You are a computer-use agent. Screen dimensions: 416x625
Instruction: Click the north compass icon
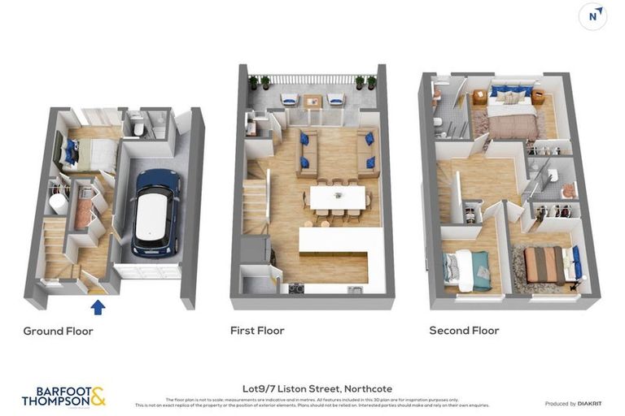click(592, 16)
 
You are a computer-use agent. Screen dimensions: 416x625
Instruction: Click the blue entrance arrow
click(98, 306)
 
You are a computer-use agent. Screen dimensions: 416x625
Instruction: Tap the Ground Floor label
click(58, 331)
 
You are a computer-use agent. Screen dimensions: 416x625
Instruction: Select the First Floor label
click(257, 331)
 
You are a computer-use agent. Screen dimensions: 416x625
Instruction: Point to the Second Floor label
click(464, 331)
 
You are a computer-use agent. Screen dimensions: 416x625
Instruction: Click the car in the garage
click(155, 212)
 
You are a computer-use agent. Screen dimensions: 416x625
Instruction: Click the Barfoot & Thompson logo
click(63, 396)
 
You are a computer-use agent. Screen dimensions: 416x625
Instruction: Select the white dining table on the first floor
click(338, 197)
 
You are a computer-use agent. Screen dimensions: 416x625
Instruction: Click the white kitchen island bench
click(342, 240)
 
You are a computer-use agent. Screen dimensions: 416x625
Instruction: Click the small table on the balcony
click(312, 101)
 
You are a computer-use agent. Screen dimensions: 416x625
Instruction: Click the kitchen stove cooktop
click(295, 288)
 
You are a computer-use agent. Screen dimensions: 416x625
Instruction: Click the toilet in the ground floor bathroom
click(138, 127)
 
